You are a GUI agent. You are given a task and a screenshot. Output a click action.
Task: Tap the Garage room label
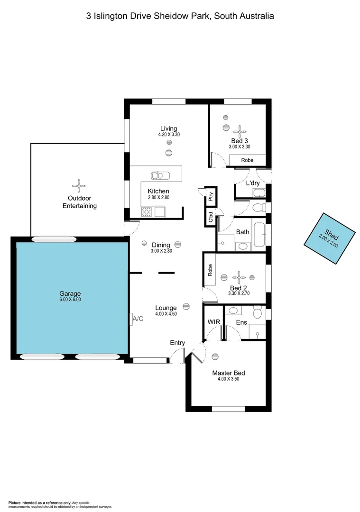click(x=70, y=293)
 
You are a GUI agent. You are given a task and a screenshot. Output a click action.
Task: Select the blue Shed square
click(x=330, y=238)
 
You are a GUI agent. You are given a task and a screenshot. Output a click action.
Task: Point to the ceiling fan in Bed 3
click(x=240, y=129)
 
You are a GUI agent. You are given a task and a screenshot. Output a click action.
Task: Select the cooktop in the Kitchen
click(x=146, y=212)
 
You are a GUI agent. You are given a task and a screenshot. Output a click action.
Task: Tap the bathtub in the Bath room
click(x=259, y=234)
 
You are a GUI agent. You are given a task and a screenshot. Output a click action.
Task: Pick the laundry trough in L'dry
click(x=258, y=192)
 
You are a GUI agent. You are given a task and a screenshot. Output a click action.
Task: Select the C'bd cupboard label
click(x=210, y=217)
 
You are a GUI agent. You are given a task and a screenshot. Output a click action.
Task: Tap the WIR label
click(x=212, y=322)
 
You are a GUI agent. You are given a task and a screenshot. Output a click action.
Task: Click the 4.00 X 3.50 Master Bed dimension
click(x=229, y=379)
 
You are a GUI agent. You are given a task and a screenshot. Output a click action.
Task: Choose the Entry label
click(x=177, y=343)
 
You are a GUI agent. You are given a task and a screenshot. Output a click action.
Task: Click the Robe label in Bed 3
click(x=247, y=160)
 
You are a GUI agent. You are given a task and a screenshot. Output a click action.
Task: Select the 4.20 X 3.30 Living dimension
click(x=169, y=135)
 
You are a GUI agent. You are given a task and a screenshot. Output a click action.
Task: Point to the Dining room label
click(x=161, y=245)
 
